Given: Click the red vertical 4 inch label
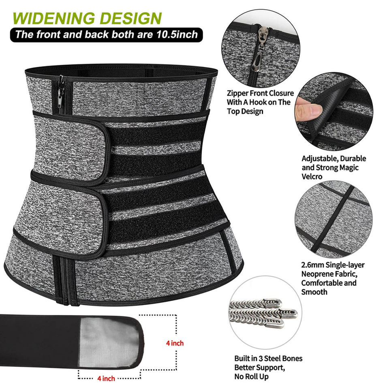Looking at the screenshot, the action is [175, 343].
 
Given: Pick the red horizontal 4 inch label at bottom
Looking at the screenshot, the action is [106, 378].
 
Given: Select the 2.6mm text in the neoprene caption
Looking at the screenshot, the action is [312, 265].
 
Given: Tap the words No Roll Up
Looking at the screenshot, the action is [252, 377].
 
